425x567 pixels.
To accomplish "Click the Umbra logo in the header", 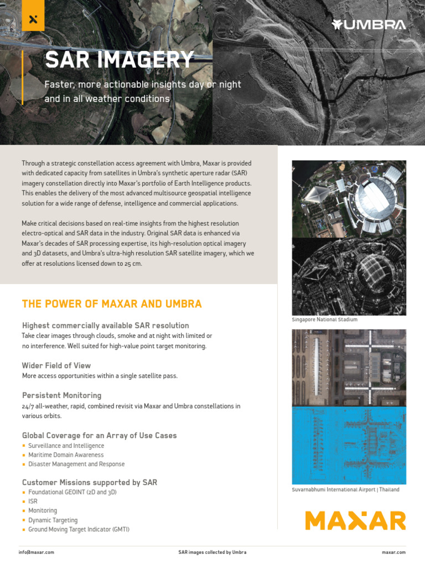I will click(369, 24).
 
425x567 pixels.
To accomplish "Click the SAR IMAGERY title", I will click(120, 60).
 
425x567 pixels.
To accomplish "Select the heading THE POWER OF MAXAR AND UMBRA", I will click(112, 304).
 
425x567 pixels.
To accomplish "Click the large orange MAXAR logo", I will click(355, 521).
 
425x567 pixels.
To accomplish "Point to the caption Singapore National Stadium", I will click(324, 319).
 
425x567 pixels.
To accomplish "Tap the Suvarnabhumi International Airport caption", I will click(345, 489).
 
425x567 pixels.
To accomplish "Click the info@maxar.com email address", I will click(36, 552).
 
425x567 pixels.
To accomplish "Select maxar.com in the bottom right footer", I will click(393, 552).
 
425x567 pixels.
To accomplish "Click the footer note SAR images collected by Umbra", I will click(212, 552).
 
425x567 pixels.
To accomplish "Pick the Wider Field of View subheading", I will click(56, 365).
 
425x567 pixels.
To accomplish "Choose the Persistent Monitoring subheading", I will click(61, 395).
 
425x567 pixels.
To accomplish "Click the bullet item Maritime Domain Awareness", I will click(66, 455).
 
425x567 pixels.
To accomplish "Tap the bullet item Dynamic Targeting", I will click(53, 520).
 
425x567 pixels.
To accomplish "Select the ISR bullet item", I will click(33, 501).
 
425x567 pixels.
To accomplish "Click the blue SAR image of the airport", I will click(349, 445).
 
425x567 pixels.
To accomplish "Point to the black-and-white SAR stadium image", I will click(349, 277).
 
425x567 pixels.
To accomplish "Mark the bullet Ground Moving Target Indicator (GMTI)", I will click(79, 529).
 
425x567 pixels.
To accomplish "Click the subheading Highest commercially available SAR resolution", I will click(105, 326).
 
